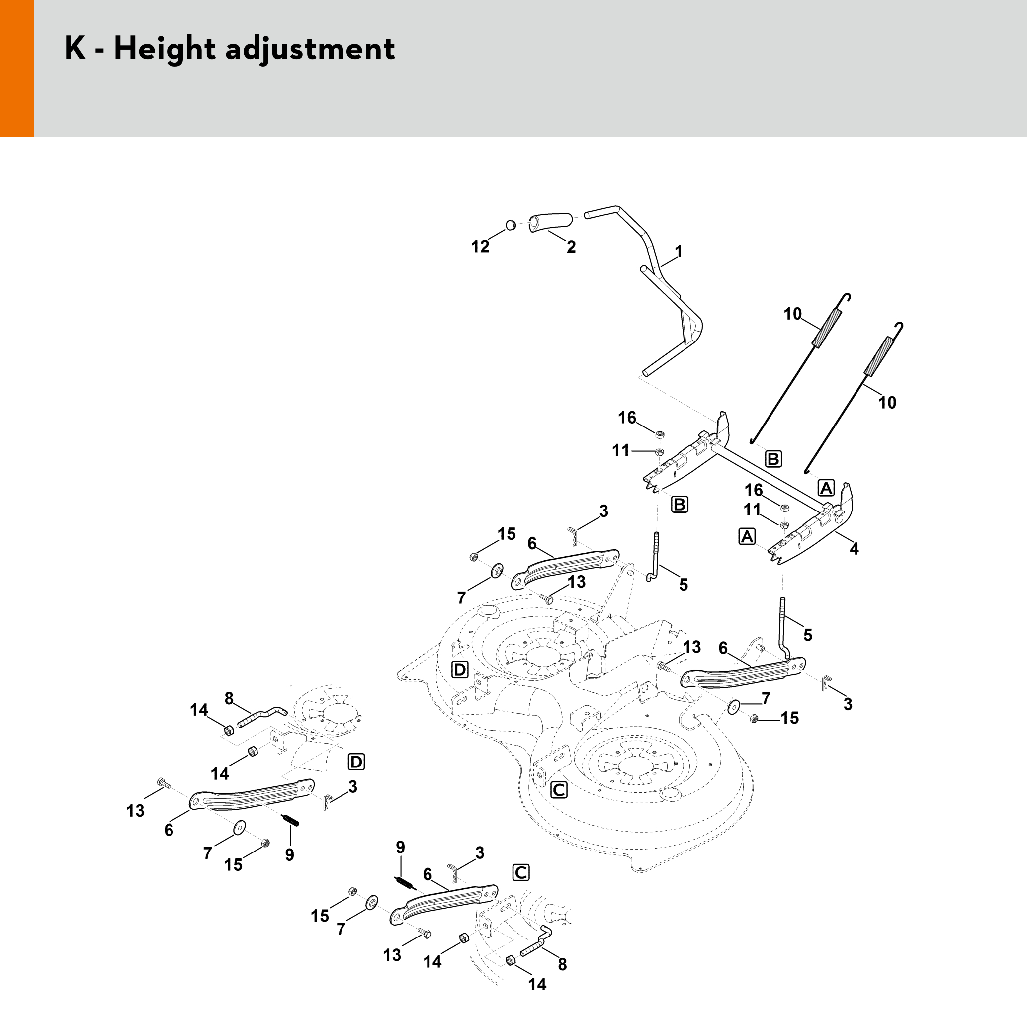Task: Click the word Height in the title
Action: [x=164, y=49]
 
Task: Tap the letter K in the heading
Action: [x=75, y=49]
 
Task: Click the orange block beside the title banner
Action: [x=17, y=68]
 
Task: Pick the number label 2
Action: [x=571, y=247]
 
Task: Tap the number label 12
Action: [x=480, y=247]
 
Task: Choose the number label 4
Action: [x=854, y=548]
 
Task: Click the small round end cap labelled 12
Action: [x=511, y=225]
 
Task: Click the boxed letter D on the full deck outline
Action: [x=460, y=669]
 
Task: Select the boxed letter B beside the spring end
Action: [x=773, y=459]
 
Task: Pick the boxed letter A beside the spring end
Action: [x=826, y=487]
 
